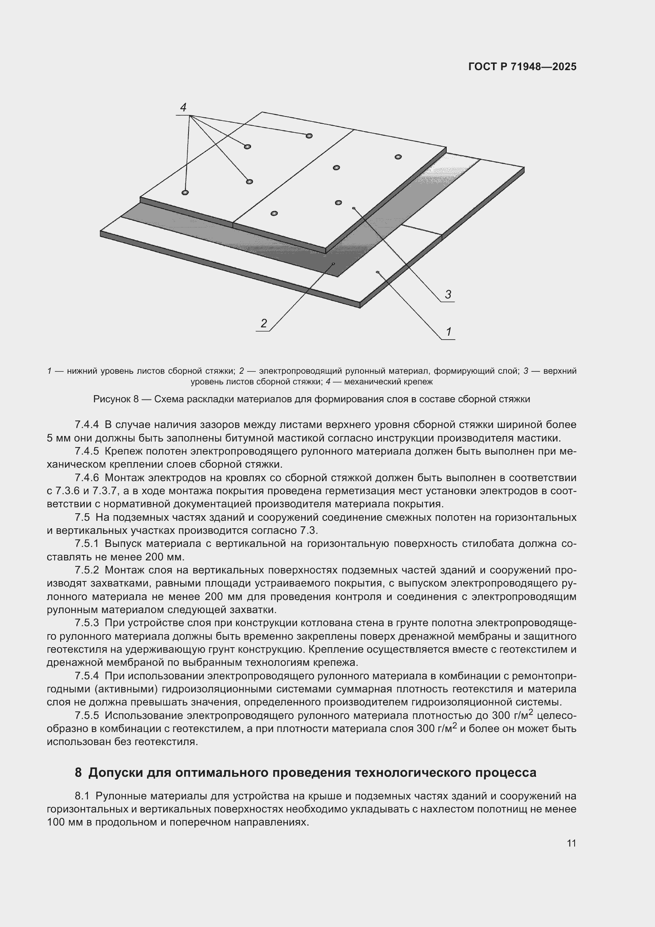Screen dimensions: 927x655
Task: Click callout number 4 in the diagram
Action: click(183, 107)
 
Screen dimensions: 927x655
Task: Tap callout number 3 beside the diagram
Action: click(448, 294)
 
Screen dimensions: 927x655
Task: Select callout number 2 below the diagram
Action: click(264, 323)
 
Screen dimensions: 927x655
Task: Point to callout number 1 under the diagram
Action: click(449, 332)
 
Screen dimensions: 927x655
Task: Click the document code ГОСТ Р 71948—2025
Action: click(522, 67)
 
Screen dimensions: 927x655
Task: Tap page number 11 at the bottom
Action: click(571, 843)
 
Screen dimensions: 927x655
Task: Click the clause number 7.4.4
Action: click(87, 425)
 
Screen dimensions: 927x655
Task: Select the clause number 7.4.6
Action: click(87, 478)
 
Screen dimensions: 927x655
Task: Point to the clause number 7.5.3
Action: click(87, 623)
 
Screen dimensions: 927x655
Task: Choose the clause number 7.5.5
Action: click(87, 716)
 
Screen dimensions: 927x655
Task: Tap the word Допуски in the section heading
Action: click(114, 772)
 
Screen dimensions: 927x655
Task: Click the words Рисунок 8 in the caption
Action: click(116, 399)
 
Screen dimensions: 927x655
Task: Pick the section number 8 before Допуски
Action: click(78, 772)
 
